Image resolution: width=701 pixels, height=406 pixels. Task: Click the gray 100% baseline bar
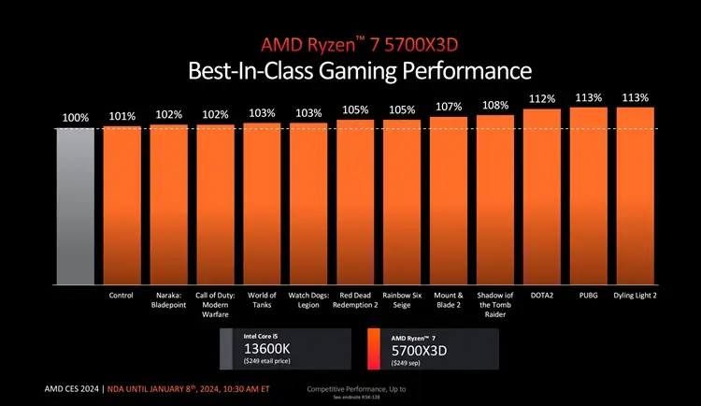coord(75,206)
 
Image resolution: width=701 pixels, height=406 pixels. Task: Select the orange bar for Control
coord(122,206)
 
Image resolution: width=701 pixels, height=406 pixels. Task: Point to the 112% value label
coord(542,99)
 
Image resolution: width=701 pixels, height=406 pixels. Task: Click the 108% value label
coord(495,106)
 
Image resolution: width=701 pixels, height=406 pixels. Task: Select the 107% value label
coord(449,108)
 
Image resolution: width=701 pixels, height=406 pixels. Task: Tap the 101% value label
coord(122,116)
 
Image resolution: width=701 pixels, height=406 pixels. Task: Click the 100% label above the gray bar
coord(76,118)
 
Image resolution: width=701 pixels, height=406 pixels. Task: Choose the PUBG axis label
coord(588,296)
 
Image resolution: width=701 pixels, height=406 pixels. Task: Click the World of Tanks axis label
coord(262,299)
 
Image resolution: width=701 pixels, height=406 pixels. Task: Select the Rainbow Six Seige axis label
coord(402,299)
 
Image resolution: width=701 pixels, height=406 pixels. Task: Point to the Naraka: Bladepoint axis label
coord(168,299)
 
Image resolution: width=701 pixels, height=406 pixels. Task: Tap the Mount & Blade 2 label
coord(449,299)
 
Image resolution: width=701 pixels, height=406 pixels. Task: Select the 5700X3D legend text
coord(418,352)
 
